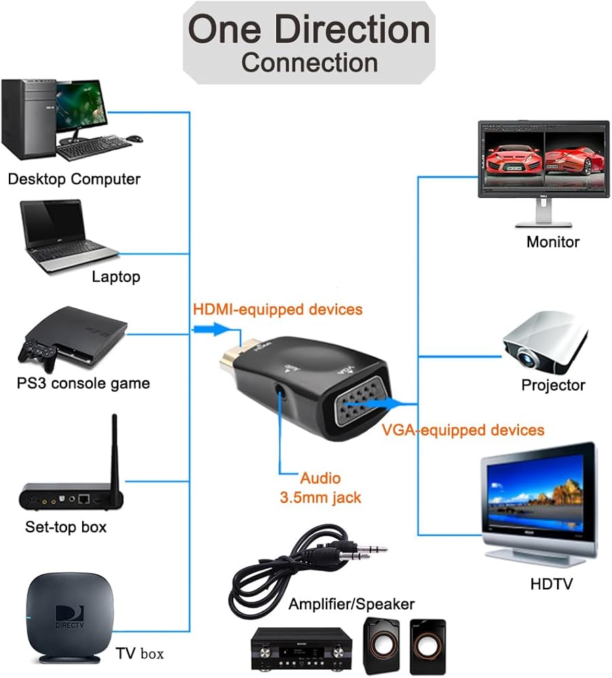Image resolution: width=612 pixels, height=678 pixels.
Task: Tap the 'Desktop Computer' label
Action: (74, 179)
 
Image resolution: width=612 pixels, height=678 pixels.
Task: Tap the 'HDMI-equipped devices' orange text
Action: (278, 310)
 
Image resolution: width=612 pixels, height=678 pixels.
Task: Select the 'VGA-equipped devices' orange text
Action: (463, 430)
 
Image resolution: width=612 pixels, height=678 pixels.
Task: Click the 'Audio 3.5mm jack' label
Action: (320, 487)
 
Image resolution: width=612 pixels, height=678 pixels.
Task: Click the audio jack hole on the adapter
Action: (280, 391)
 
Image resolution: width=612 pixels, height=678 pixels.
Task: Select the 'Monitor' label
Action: (553, 241)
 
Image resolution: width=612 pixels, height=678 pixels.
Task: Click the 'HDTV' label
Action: (552, 584)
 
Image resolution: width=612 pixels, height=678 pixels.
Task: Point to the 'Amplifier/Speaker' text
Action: (351, 603)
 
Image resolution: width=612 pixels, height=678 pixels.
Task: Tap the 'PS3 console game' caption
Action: (83, 383)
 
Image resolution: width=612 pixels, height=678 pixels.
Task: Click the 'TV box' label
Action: (139, 654)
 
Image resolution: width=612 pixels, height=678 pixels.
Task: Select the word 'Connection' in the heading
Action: (309, 62)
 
